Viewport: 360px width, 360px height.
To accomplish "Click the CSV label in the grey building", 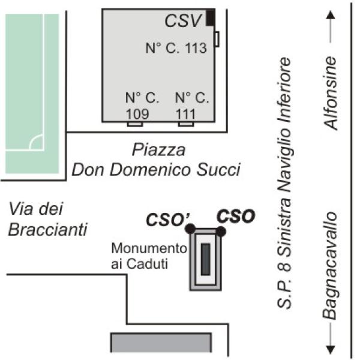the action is (x=183, y=20).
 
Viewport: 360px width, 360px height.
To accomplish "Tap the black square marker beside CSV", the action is (x=211, y=17).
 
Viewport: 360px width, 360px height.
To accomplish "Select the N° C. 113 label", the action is (x=176, y=48).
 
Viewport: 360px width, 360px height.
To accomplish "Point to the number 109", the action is (x=137, y=113).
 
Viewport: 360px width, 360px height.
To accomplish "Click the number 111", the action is (x=185, y=114).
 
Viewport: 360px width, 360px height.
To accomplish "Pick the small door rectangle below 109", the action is (x=135, y=124).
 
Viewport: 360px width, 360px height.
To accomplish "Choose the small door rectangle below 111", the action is (x=186, y=124).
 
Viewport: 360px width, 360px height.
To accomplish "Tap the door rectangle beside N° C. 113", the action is (x=217, y=39).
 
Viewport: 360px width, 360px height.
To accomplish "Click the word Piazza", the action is (x=158, y=150).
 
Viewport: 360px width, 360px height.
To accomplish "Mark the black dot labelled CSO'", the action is (x=190, y=229).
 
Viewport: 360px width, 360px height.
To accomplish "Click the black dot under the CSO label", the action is (x=221, y=231).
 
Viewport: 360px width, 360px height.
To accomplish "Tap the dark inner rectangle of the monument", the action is (x=205, y=259).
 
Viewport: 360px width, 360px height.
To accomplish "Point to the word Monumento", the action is (x=149, y=248).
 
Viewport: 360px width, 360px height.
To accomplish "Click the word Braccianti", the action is (x=48, y=229).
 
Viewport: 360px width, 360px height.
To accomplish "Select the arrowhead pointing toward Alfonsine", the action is (x=331, y=15).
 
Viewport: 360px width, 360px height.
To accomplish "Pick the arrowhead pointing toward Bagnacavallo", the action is (x=330, y=349).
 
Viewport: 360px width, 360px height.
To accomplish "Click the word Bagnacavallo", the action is (x=330, y=266).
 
